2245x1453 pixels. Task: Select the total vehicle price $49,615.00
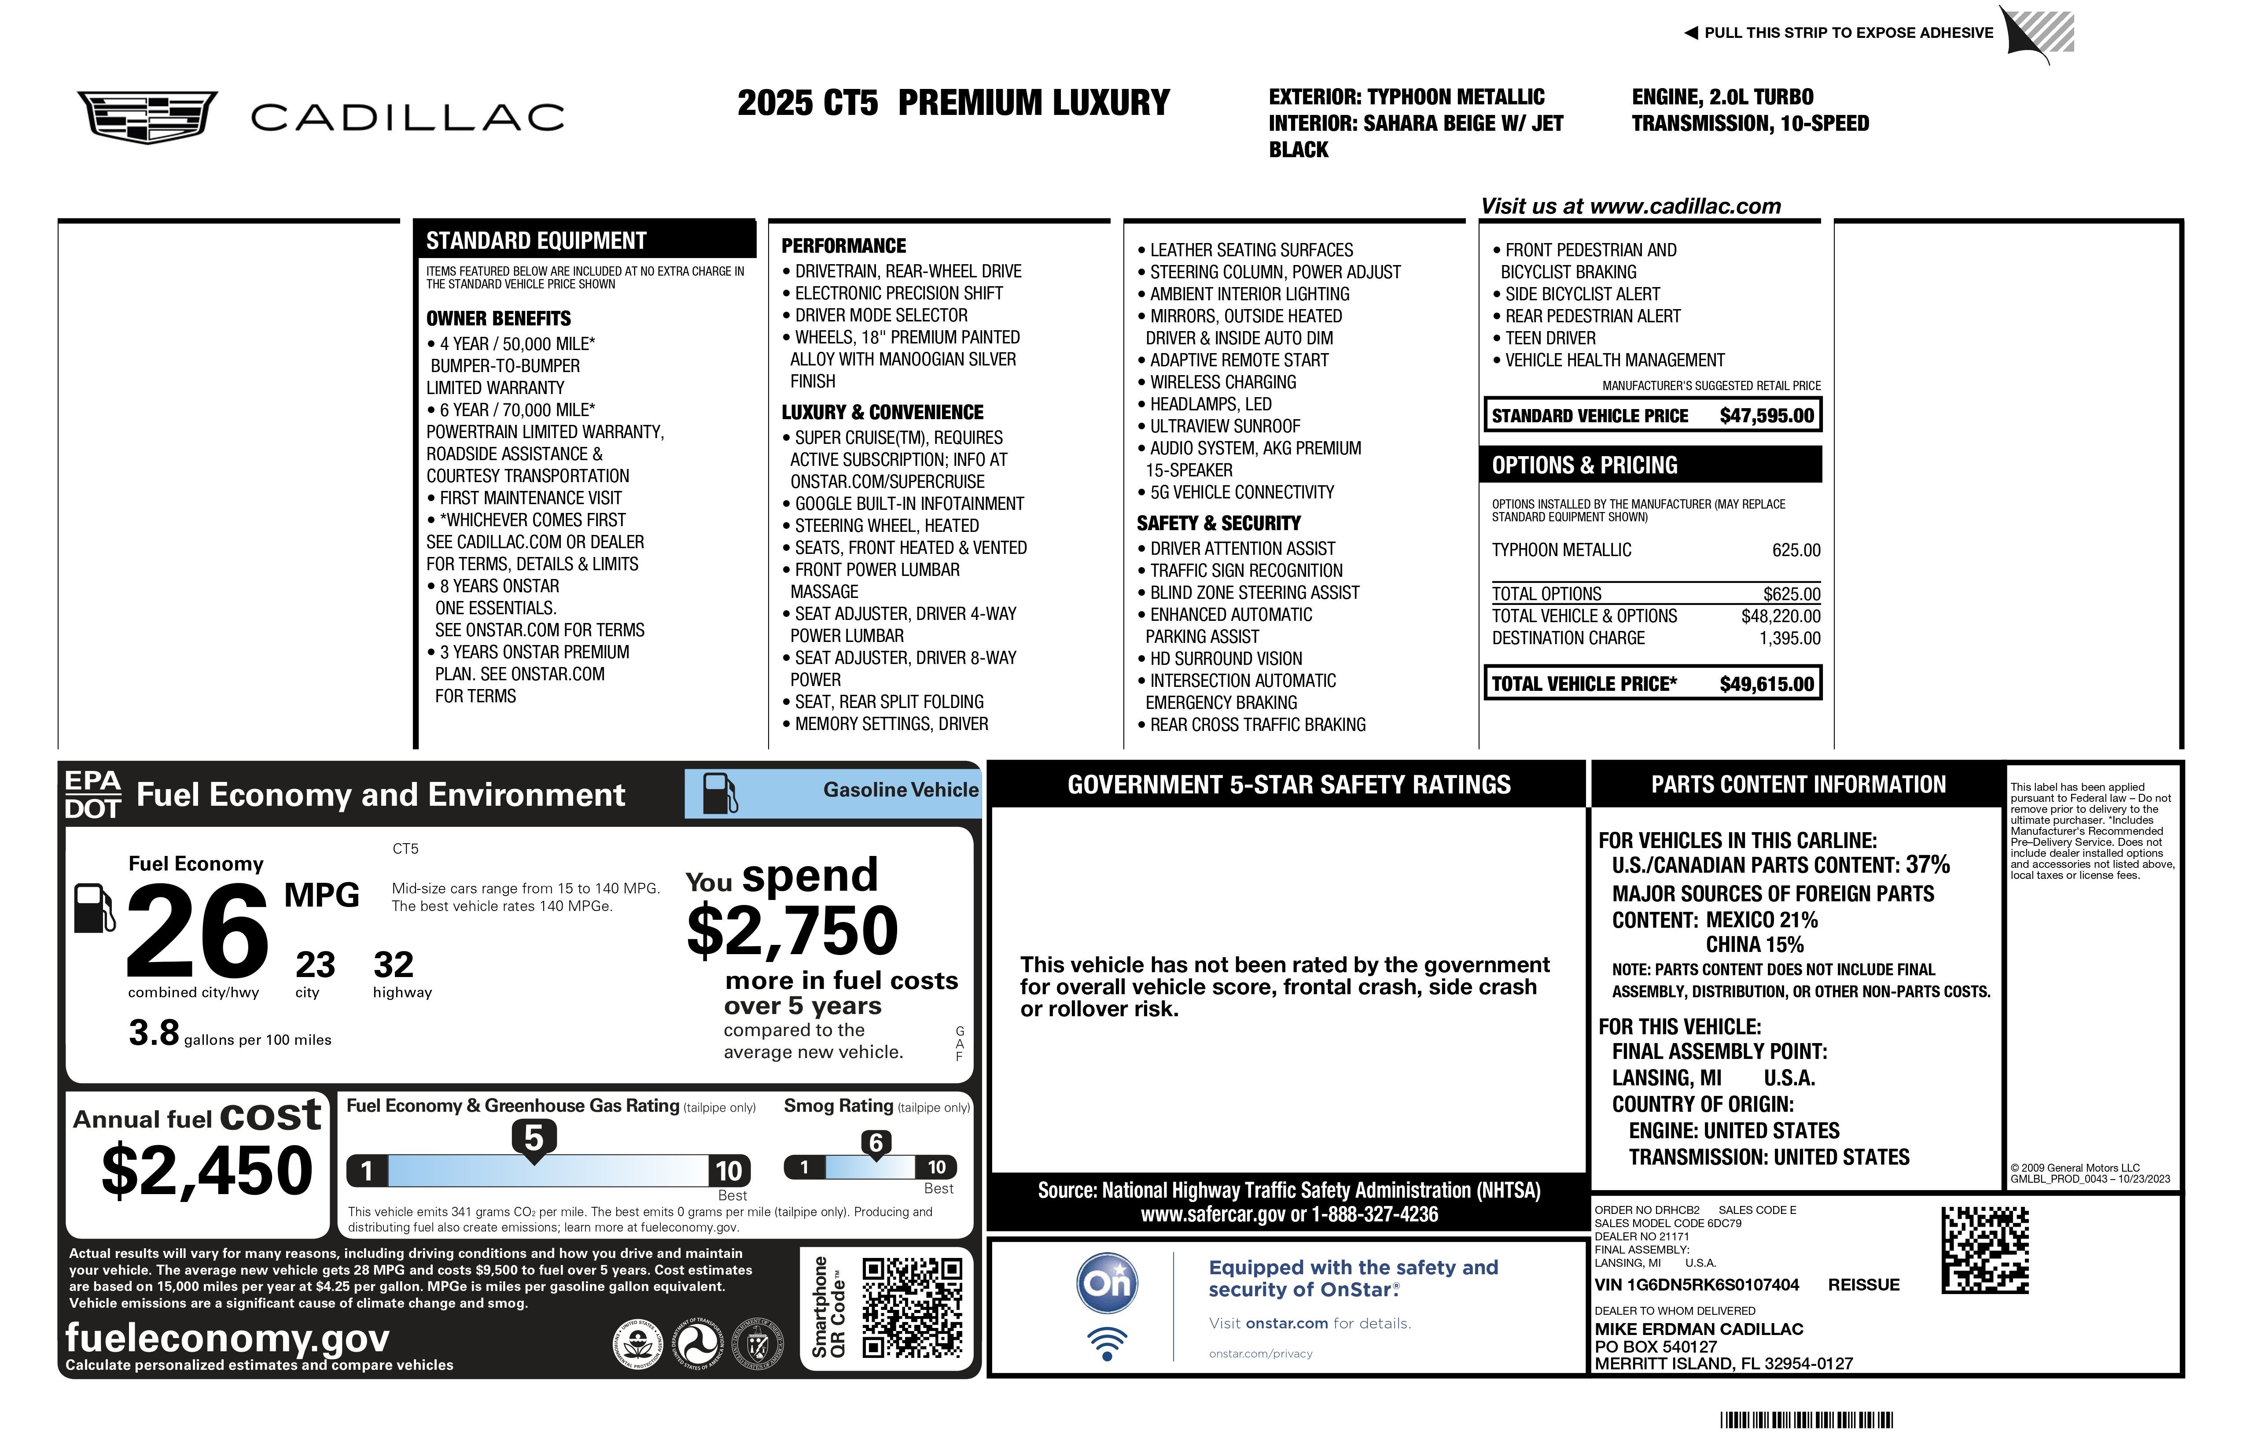1766,684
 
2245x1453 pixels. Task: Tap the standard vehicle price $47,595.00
1766,416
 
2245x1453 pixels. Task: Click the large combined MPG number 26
198,931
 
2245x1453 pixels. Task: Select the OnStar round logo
1108,1283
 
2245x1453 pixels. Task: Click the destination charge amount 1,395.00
1789,639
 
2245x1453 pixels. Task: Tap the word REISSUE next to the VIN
1863,1285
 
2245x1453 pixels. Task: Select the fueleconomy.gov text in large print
227,1338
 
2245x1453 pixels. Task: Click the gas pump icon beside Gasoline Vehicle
720,793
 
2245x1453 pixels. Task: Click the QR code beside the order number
1985,1250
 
